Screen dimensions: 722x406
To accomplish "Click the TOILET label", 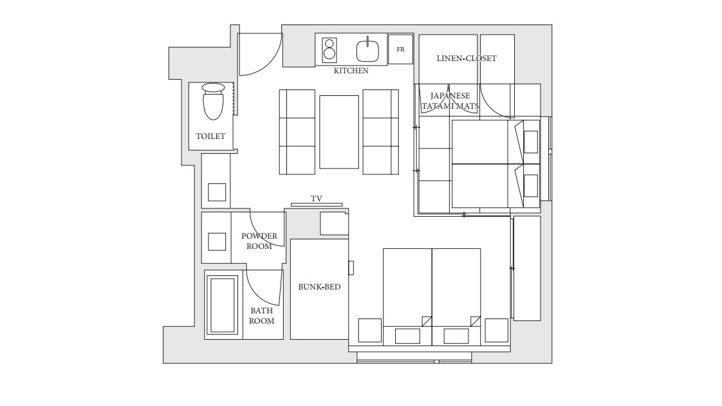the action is coord(210,136).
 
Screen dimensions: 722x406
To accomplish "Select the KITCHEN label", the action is coord(351,71).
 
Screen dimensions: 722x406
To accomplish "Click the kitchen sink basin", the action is coord(367,50).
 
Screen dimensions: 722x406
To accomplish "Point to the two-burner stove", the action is coord(329,50).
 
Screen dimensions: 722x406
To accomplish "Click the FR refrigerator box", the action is coord(401,50).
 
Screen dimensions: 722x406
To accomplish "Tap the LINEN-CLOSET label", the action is coord(467,59).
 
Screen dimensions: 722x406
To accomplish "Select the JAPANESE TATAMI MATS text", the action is coord(450,101).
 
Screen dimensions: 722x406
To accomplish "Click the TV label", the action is coord(317,199).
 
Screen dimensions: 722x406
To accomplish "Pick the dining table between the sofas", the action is coord(339,132).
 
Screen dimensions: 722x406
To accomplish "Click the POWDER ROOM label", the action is coord(259,241).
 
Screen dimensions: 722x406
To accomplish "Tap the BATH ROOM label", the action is coord(261,316).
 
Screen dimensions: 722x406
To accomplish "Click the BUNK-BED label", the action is coord(319,287).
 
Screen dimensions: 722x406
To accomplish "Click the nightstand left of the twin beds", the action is coord(370,331).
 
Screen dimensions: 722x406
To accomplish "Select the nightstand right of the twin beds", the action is coord(496,331).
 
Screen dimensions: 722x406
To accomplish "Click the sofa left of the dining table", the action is coord(297,132).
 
